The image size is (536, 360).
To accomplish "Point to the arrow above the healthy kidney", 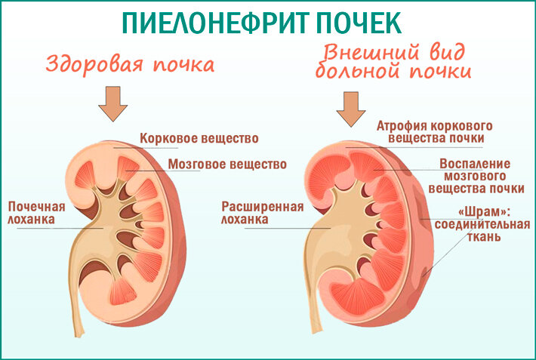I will (x=114, y=103).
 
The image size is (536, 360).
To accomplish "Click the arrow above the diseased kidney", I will (x=350, y=107).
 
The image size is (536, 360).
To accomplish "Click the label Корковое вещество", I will (x=199, y=139).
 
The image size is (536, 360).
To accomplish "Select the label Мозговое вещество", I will (x=227, y=163).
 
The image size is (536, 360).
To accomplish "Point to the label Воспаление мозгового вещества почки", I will (x=475, y=175).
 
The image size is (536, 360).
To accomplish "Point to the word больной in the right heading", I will (x=359, y=73).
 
